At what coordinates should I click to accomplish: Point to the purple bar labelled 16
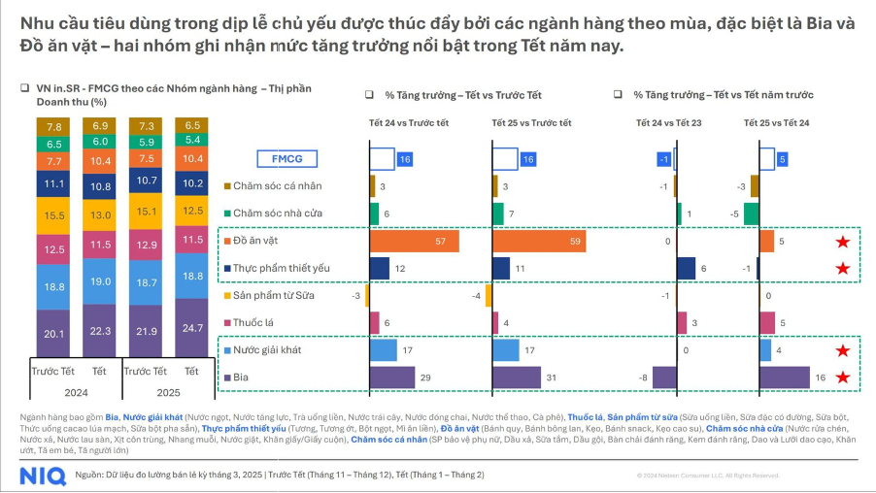point(784,378)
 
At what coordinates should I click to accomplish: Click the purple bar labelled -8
point(664,378)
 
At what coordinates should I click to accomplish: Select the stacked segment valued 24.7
point(193,328)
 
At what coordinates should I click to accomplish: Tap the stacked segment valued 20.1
point(54,333)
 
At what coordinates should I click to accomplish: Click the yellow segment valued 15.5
point(54,214)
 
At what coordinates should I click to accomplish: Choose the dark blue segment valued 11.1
point(54,182)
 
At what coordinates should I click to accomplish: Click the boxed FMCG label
point(286,159)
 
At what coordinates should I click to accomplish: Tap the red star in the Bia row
point(843,378)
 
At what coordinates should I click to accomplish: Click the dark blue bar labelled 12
point(380,268)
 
